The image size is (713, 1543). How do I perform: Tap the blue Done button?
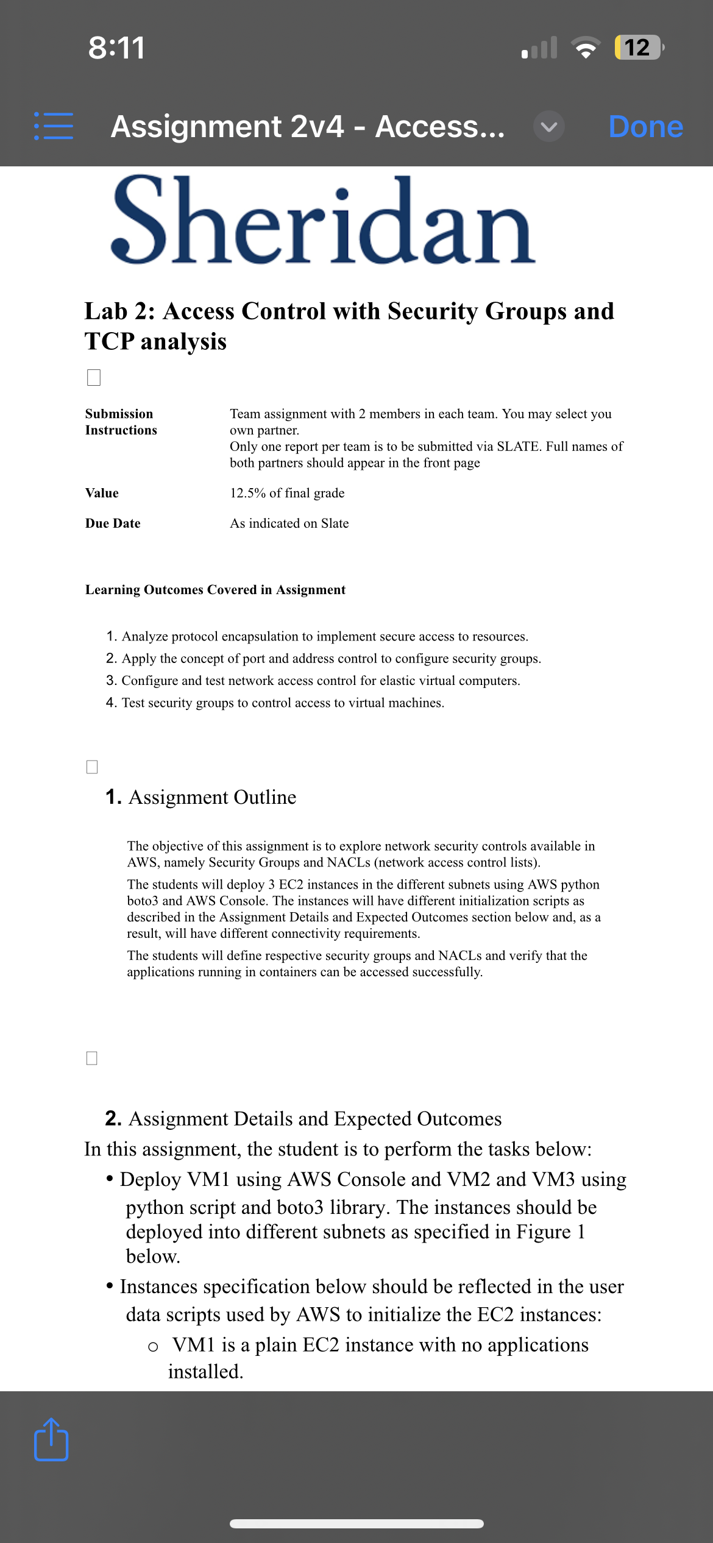point(645,127)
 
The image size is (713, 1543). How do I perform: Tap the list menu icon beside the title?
point(54,126)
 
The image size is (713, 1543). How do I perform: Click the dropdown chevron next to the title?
point(548,127)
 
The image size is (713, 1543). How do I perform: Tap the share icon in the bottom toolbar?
point(51,1439)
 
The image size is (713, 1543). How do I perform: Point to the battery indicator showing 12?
point(637,48)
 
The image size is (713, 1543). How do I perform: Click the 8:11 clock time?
point(116,48)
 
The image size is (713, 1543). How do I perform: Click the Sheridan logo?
point(323,221)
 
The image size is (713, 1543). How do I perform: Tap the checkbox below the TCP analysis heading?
point(94,377)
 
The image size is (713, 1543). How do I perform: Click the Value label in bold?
point(102,493)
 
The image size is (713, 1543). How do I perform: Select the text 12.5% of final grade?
point(287,493)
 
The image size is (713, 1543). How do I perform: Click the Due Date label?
point(113,523)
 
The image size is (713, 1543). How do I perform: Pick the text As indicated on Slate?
point(289,523)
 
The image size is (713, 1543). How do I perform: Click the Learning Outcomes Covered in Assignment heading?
point(215,590)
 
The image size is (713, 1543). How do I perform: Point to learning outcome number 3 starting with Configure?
point(313,681)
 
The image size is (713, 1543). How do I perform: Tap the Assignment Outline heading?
point(212,797)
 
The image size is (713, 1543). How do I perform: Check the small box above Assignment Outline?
point(92,767)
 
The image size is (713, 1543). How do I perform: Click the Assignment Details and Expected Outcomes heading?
point(314,1119)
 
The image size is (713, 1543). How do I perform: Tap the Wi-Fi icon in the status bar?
point(585,48)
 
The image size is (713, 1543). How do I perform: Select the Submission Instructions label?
point(121,422)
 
